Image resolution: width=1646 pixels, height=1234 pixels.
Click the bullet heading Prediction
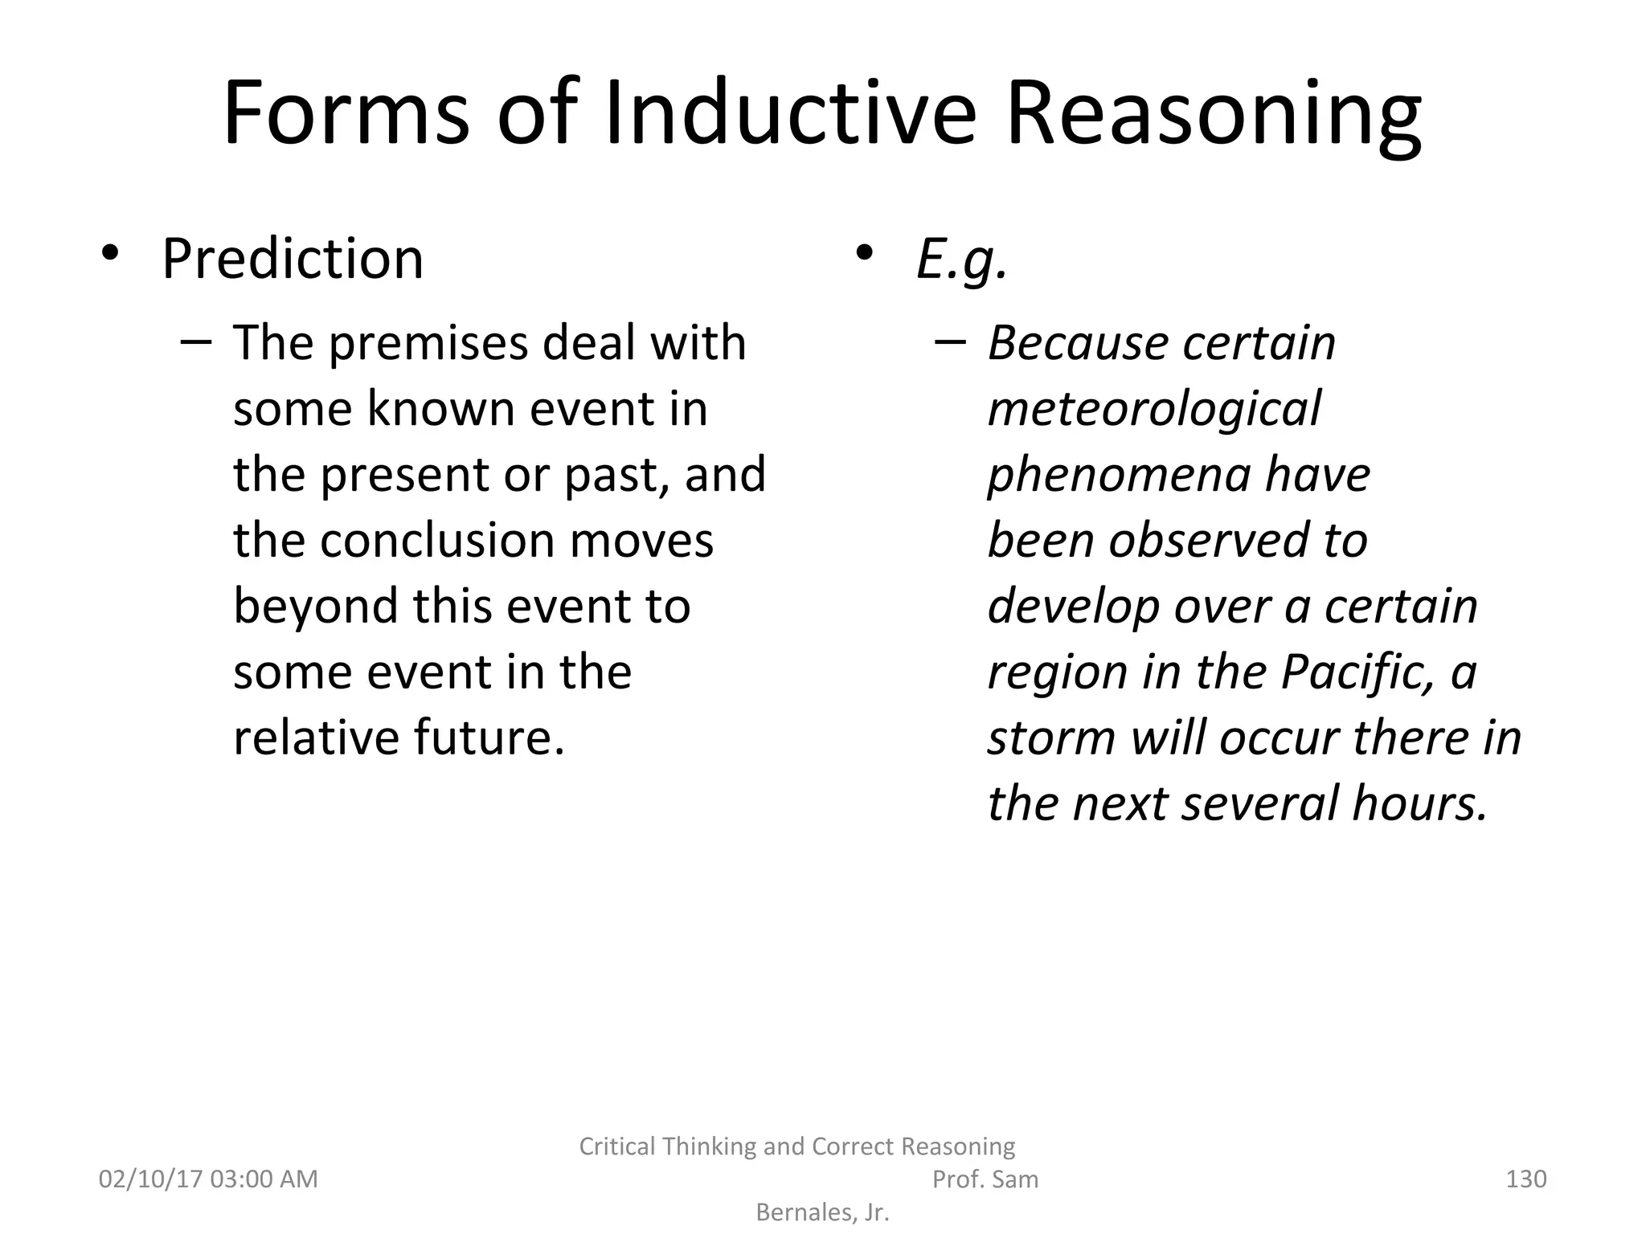point(292,259)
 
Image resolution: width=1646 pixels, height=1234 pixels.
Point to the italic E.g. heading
point(961,260)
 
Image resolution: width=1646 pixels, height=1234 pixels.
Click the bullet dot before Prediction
point(110,254)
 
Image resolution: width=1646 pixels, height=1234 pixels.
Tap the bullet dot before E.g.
point(864,254)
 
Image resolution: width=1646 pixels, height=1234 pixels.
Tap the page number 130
point(1525,1179)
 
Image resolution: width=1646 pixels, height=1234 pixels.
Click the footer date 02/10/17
point(150,1179)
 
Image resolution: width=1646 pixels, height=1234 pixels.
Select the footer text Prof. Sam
point(985,1179)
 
